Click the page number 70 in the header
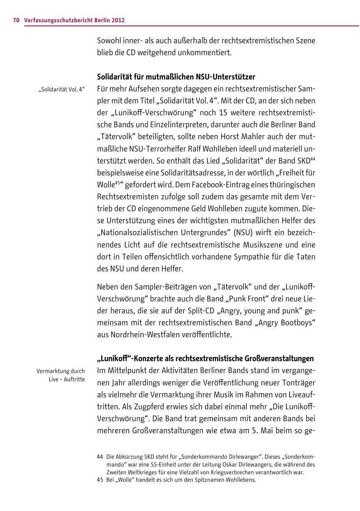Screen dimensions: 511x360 point(16,20)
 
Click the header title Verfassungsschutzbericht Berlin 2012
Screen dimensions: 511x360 point(74,20)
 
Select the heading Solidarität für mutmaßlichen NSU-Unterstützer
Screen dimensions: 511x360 point(176,77)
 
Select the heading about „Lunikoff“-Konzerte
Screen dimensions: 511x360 point(205,358)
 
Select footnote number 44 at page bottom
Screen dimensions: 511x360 point(100,457)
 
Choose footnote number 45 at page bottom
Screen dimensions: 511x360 point(100,480)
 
